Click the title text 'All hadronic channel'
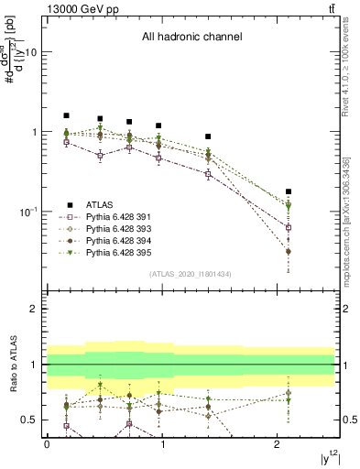(191, 38)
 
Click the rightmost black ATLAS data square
(289, 191)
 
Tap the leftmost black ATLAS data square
(66, 115)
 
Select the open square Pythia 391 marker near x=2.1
(289, 227)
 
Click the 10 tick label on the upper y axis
(30, 52)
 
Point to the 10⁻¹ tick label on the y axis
(27, 212)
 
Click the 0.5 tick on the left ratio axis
(30, 420)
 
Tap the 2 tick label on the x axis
(277, 444)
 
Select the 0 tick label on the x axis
(47, 444)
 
